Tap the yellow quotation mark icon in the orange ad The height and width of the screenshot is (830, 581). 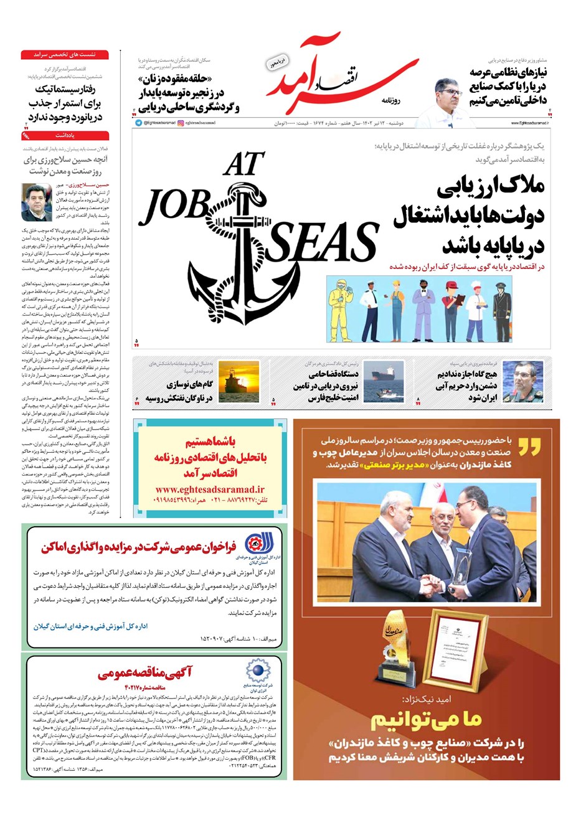coord(529,446)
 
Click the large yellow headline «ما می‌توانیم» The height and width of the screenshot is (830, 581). coord(426,720)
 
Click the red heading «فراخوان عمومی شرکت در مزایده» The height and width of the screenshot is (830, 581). coord(139,547)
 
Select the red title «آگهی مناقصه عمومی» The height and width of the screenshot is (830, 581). coord(144,672)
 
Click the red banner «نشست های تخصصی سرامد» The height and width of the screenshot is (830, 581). coord(65,55)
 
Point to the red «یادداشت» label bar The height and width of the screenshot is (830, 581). coord(65,135)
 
